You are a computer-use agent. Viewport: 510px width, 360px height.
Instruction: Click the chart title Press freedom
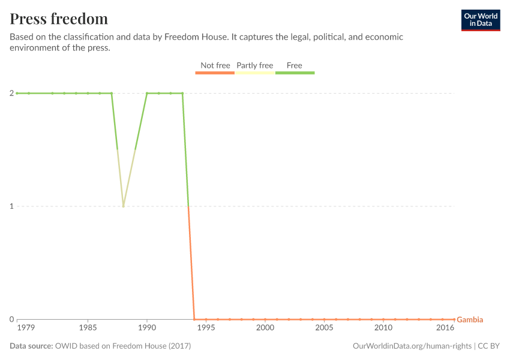coord(59,19)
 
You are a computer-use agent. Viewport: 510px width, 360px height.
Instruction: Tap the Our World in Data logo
coord(480,20)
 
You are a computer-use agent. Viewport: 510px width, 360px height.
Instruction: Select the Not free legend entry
coord(215,65)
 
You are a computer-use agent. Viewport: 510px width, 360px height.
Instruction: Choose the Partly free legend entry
coord(254,65)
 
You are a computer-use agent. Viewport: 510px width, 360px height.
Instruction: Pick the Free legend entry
coord(295,65)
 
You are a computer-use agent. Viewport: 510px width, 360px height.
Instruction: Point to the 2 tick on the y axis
coord(11,93)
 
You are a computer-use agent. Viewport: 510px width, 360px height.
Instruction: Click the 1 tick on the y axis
coord(11,206)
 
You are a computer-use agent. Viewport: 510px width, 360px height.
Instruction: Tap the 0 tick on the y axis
coord(11,319)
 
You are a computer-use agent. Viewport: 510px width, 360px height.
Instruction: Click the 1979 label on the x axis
coord(26,328)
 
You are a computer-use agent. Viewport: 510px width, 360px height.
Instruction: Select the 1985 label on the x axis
coord(88,328)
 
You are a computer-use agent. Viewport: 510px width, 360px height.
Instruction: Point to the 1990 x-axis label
coord(147,328)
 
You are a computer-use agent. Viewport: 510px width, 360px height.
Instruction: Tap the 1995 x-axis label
coord(206,328)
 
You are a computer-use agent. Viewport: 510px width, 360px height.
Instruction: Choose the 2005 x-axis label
coord(324,328)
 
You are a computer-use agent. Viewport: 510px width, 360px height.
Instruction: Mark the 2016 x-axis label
coord(445,328)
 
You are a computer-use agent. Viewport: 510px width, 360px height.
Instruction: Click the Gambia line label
coord(470,320)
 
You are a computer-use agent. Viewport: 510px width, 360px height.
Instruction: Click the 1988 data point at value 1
coord(123,206)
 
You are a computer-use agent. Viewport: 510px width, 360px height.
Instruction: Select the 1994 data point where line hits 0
coord(194,319)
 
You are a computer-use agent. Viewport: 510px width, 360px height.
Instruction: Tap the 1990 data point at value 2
coord(147,93)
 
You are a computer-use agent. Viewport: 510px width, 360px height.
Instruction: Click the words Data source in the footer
coord(31,346)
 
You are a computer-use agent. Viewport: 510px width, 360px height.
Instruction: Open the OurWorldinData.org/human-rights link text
coord(412,346)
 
